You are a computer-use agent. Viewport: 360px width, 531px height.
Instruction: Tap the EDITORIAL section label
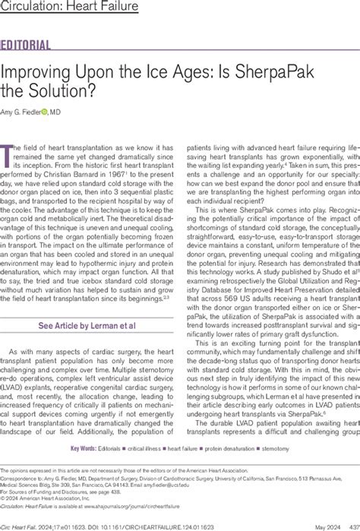(27, 45)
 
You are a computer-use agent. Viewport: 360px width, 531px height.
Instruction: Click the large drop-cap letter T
(10, 148)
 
